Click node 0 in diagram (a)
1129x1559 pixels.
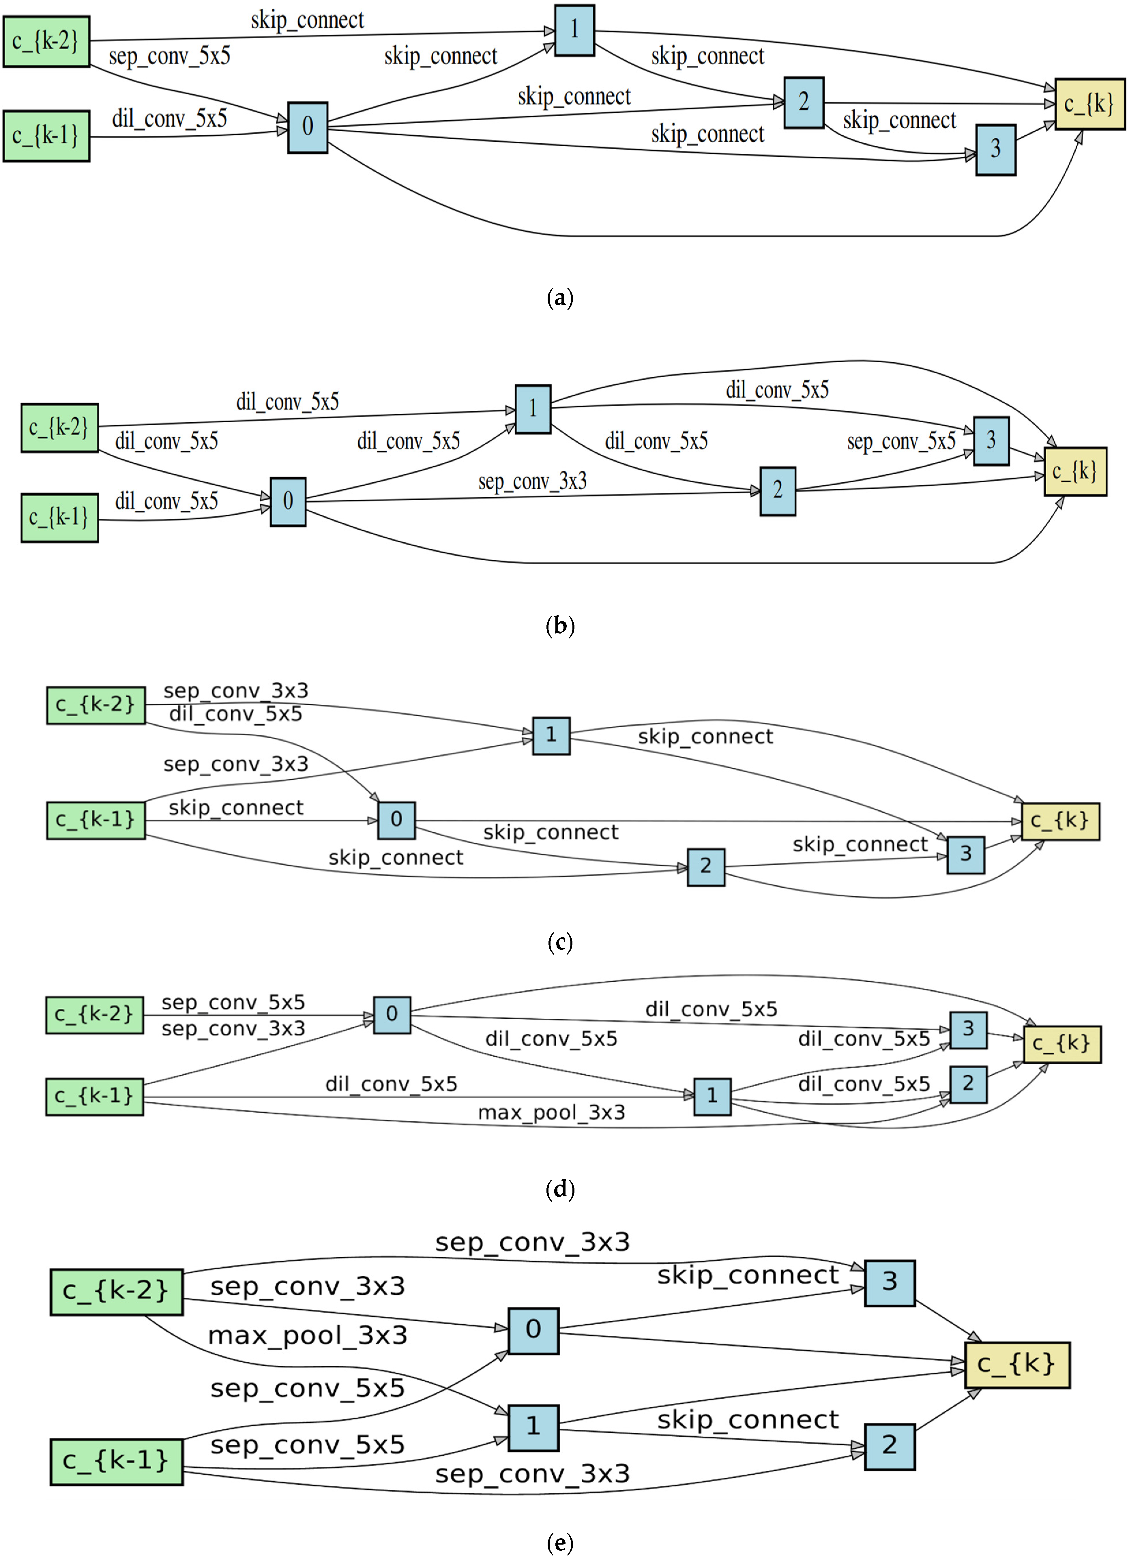[x=307, y=127]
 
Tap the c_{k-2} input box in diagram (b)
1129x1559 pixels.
[x=59, y=428]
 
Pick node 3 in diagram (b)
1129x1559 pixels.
[x=991, y=441]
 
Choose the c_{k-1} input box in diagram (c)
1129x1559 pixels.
[x=96, y=820]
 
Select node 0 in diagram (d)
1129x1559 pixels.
[x=392, y=1015]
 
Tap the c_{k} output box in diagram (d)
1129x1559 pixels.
[x=1061, y=1044]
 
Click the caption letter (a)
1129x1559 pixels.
[x=560, y=298]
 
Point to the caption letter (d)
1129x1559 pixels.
[x=560, y=1189]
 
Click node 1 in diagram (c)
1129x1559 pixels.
[x=551, y=736]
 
